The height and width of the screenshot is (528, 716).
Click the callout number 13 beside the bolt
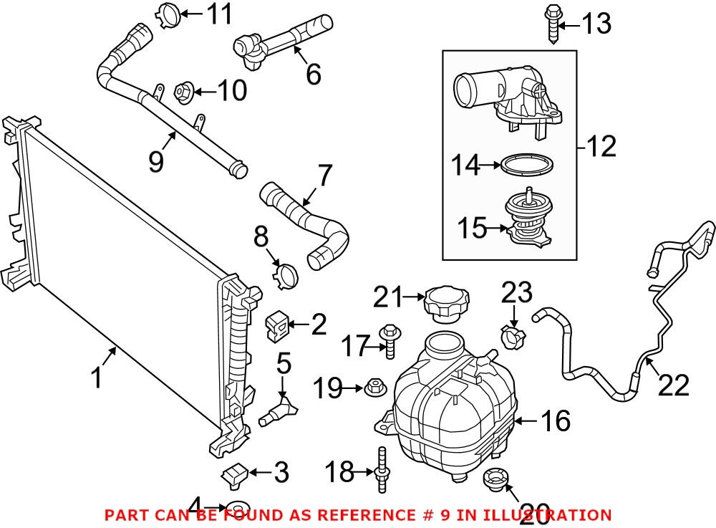[596, 24]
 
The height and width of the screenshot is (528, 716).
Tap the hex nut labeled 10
[183, 92]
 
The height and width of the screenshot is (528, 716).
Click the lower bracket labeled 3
[235, 474]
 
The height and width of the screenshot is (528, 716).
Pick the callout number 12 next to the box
[599, 147]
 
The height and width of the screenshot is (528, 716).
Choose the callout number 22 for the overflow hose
[672, 385]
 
